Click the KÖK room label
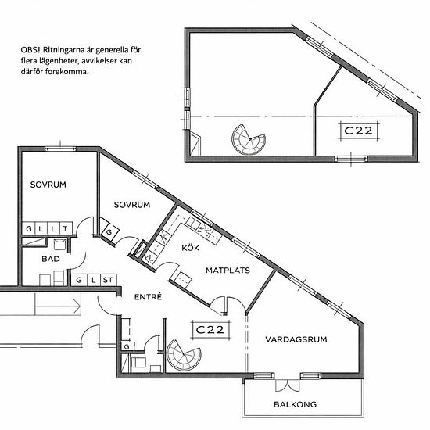coord(190,248)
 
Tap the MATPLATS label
coord(228,271)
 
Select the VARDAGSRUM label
coord(296,339)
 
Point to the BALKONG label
coord(295,404)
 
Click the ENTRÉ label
coord(148,296)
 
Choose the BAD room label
coord(51,259)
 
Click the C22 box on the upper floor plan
coord(358,131)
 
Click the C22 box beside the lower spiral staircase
coord(210,330)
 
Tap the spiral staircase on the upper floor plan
coord(249,139)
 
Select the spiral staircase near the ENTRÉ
coord(184,354)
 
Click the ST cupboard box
coord(108,280)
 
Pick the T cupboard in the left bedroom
coord(66,228)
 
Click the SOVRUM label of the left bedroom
coord(48,185)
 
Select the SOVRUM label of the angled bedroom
coord(132,205)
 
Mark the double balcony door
coord(288,385)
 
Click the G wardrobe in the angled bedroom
coord(109,231)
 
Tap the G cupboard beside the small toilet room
coord(127,346)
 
